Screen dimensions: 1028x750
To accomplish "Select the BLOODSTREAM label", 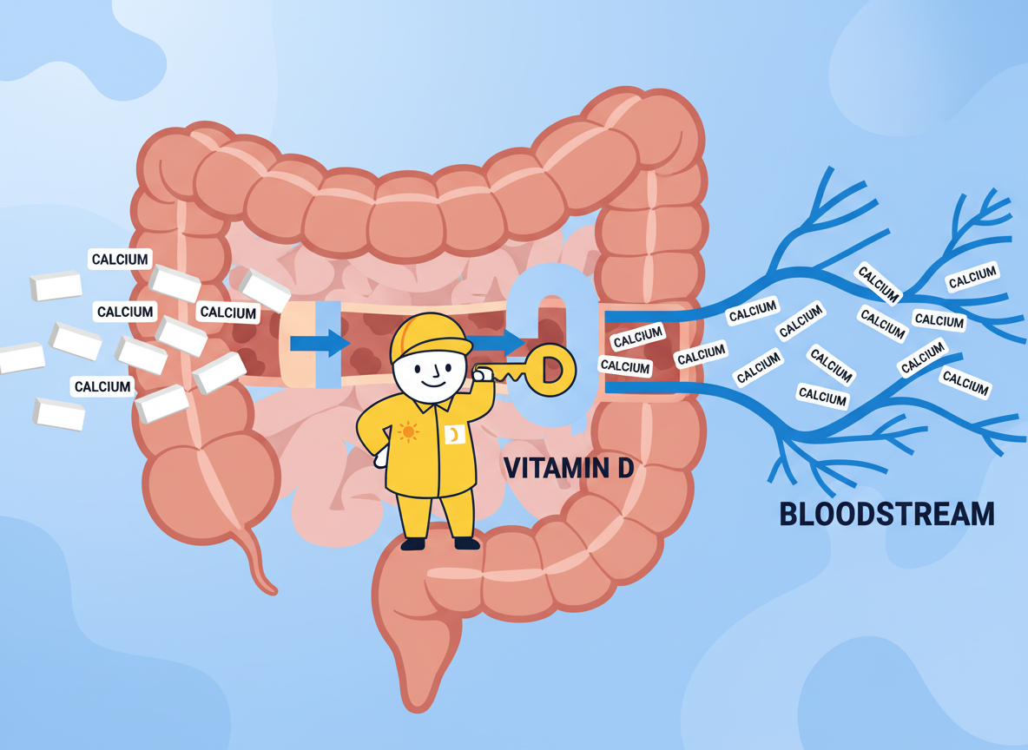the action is [886, 514].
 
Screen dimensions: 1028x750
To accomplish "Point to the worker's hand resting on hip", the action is [382, 458].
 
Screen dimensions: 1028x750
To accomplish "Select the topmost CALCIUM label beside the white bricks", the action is [121, 260].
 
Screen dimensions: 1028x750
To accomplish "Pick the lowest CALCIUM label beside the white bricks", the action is [102, 386].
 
